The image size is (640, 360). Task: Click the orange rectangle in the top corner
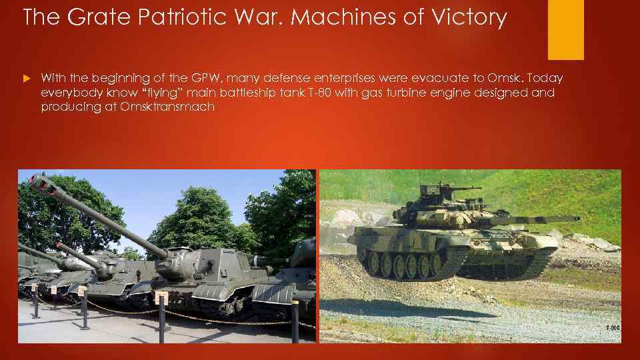tap(565, 29)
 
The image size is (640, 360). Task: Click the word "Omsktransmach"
tap(169, 107)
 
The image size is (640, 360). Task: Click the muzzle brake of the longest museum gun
tap(41, 183)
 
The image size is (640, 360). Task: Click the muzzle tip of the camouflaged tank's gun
tap(577, 218)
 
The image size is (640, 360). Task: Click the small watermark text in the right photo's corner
tap(612, 327)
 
